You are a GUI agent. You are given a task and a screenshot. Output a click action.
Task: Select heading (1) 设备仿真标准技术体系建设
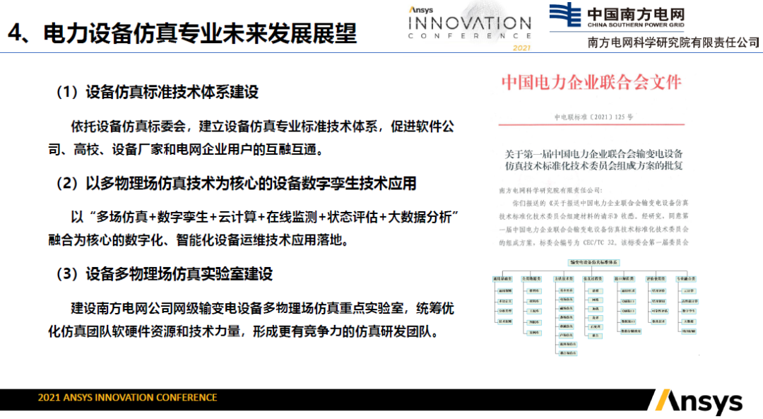coord(158,92)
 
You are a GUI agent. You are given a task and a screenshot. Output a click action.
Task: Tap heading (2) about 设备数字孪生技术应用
coord(236,184)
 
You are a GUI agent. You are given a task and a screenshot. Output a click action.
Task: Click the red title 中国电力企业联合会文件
coord(591,83)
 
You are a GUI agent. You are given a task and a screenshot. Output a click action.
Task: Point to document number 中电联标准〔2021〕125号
coord(593,117)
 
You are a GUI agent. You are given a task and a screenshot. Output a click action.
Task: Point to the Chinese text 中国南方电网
coord(637,12)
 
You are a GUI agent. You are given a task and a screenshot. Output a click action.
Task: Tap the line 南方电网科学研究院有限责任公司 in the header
coord(674,42)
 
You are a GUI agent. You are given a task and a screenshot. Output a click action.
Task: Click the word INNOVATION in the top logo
coord(469,23)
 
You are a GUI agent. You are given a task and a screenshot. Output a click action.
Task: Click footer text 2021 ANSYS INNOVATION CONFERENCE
coord(127,398)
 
